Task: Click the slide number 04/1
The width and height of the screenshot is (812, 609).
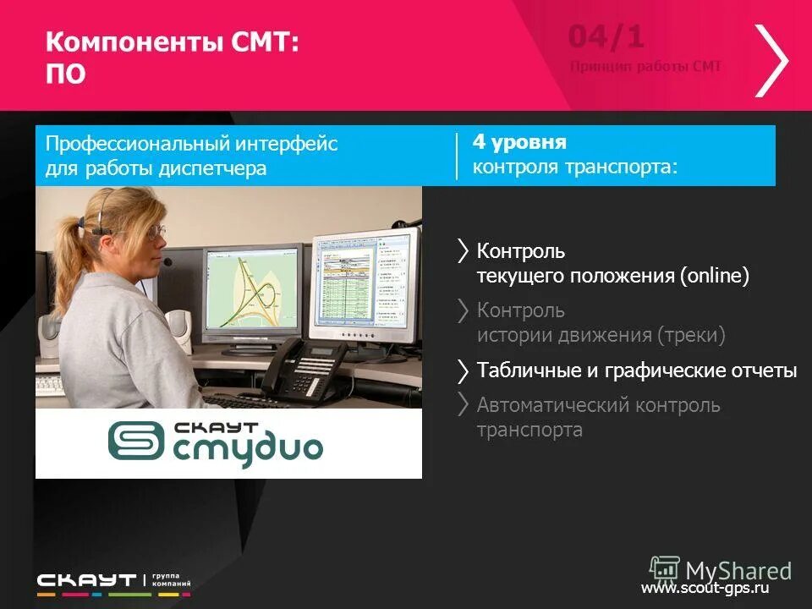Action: [x=606, y=37]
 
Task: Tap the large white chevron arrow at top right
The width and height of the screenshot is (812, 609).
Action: [x=771, y=60]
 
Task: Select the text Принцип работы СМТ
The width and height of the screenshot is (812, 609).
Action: [x=645, y=67]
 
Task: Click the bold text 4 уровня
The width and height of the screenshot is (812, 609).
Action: [x=519, y=141]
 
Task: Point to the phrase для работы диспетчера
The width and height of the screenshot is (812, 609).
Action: [x=156, y=168]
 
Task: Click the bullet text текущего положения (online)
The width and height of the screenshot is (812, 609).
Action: [x=612, y=277]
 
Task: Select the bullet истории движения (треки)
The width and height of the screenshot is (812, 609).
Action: [x=601, y=336]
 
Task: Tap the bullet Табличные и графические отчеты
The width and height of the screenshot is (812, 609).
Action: [x=636, y=370]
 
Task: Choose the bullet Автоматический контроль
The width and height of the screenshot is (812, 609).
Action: [x=598, y=405]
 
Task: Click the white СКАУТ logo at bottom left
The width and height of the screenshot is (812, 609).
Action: [x=86, y=580]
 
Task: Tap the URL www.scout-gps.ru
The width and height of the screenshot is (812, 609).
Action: [x=704, y=588]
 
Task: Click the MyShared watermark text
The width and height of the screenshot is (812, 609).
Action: [x=738, y=570]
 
